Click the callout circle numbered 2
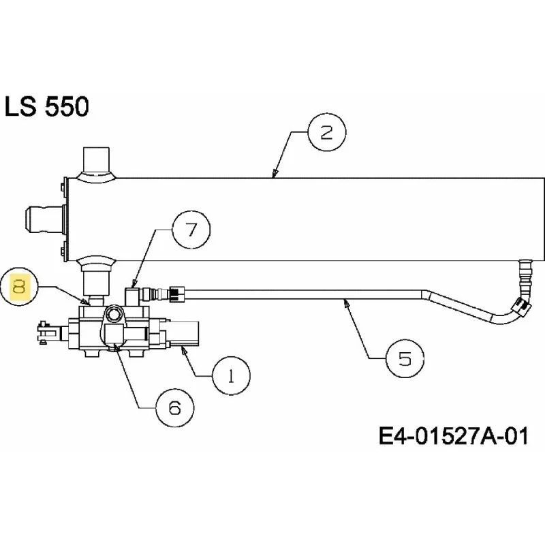327,132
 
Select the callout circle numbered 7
191,230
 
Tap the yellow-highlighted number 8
19,287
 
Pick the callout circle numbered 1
231,375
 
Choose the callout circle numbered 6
175,408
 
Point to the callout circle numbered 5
405,358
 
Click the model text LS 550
47,106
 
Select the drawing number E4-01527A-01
453,435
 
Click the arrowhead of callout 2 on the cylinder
275,174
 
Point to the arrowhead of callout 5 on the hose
346,303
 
